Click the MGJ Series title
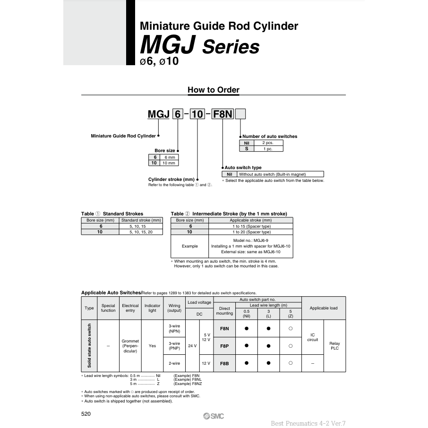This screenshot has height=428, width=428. (x=199, y=47)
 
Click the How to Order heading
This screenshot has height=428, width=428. (x=214, y=90)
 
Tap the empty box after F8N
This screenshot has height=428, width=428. (x=240, y=114)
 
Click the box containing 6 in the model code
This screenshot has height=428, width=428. (x=177, y=114)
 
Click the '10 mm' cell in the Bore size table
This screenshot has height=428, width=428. (x=169, y=163)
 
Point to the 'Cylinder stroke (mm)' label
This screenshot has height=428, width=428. (x=171, y=180)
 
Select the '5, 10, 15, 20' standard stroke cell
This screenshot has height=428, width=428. (x=141, y=232)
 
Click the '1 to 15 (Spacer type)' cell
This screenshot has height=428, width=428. (x=251, y=226)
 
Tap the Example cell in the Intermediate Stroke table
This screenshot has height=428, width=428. (x=190, y=246)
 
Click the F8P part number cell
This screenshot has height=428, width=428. (x=224, y=346)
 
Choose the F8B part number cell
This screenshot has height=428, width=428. (x=224, y=363)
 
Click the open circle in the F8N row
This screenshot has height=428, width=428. (x=291, y=328)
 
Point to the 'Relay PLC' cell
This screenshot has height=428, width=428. (x=334, y=346)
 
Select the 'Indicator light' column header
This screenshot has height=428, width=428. (x=152, y=308)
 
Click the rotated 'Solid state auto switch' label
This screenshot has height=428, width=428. (x=89, y=346)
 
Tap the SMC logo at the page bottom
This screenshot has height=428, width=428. (x=214, y=416)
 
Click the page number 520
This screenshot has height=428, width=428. (x=86, y=414)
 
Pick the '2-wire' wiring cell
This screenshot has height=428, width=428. (x=174, y=363)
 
